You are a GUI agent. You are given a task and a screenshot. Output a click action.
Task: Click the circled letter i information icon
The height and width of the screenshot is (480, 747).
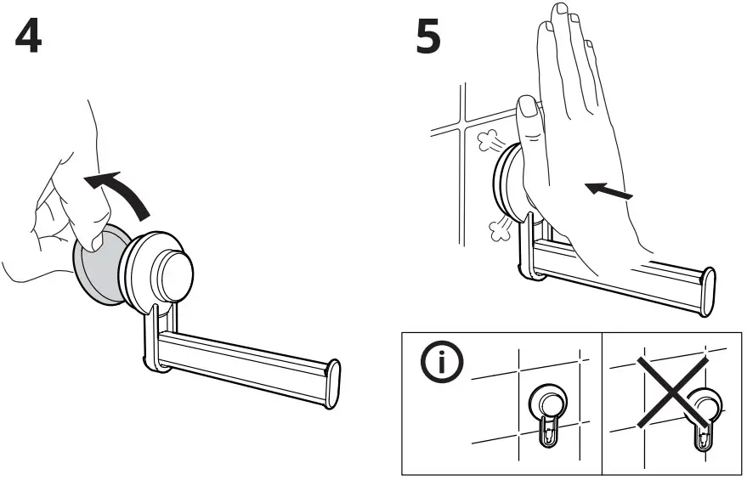pos(440,363)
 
